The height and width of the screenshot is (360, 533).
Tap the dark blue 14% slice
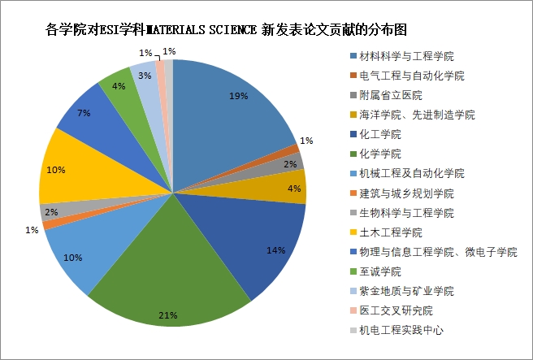(260, 236)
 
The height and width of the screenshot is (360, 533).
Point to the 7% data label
(84, 112)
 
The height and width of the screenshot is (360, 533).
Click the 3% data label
(143, 75)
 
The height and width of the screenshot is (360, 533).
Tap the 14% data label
(276, 250)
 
